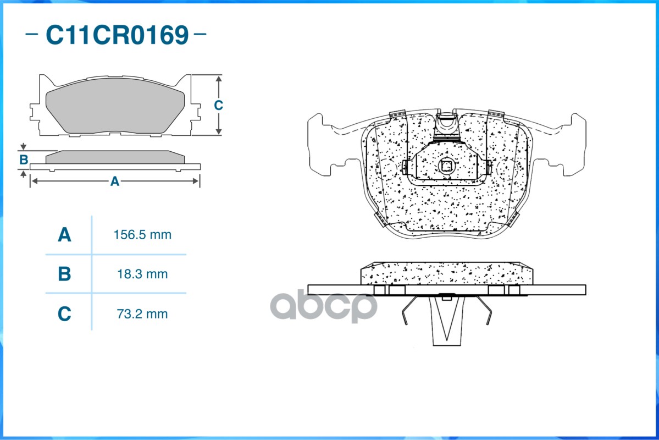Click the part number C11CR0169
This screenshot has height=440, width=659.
click(117, 35)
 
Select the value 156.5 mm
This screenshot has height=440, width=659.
click(142, 235)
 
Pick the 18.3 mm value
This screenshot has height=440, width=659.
click(142, 274)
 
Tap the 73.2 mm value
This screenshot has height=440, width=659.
click(142, 314)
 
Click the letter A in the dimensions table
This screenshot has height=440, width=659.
click(64, 235)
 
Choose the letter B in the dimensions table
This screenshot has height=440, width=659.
click(64, 274)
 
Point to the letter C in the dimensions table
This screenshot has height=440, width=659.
click(64, 314)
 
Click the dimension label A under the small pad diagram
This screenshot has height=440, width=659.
click(114, 182)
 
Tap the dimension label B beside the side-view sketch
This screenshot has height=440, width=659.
click(24, 160)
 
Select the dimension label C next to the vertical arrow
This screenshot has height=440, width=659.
click(218, 105)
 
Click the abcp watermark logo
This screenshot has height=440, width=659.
click(324, 306)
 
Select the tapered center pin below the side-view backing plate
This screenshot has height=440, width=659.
click(446, 322)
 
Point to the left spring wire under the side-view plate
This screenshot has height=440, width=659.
click(409, 313)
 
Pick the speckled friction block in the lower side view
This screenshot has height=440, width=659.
click(446, 273)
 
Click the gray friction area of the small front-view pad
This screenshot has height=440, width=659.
click(114, 109)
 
